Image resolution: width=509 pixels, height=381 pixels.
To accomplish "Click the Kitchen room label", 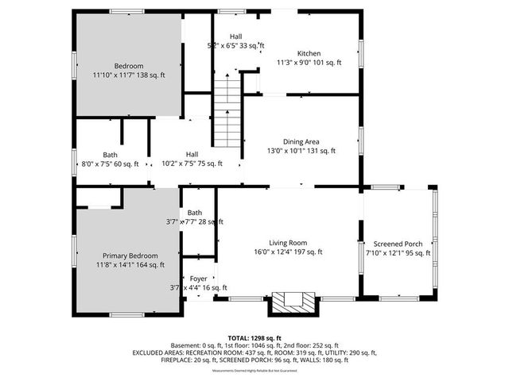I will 309,52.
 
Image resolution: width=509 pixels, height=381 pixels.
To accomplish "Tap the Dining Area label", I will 301,140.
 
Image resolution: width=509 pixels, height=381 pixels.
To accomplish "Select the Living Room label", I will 287,243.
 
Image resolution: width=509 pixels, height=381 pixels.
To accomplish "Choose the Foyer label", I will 198,279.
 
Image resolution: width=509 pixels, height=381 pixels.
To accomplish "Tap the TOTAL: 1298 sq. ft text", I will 254,338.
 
